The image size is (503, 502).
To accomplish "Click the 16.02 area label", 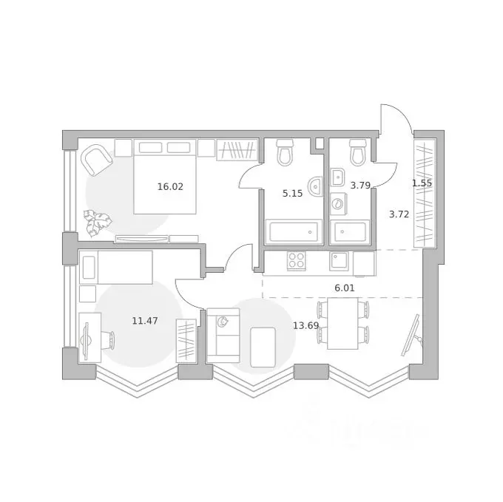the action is pyautogui.click(x=170, y=186).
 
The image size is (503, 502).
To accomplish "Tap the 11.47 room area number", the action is pyautogui.click(x=145, y=321).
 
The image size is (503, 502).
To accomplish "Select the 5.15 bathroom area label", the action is pyautogui.click(x=292, y=193).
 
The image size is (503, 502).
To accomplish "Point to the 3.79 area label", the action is pyautogui.click(x=360, y=186).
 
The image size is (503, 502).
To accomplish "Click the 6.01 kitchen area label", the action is pyautogui.click(x=345, y=288).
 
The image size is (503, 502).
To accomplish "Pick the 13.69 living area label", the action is pyautogui.click(x=305, y=326).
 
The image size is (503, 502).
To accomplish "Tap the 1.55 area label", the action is pyautogui.click(x=422, y=183).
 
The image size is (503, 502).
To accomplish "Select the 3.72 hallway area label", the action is pyautogui.click(x=399, y=214).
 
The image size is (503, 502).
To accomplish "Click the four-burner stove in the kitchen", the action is pyautogui.click(x=297, y=261).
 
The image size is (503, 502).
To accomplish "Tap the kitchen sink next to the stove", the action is pyautogui.click(x=339, y=261).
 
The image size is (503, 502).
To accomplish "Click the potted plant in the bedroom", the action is pyautogui.click(x=98, y=223).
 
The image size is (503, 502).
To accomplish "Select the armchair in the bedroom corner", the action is pyautogui.click(x=97, y=160).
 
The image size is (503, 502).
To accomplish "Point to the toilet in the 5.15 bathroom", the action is pyautogui.click(x=285, y=152).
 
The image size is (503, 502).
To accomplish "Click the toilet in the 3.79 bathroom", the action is pyautogui.click(x=357, y=152).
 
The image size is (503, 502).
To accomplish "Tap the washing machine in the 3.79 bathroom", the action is pyautogui.click(x=338, y=203).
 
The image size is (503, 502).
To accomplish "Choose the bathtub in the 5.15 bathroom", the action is pyautogui.click(x=294, y=231).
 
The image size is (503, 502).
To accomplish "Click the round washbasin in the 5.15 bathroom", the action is pyautogui.click(x=315, y=186).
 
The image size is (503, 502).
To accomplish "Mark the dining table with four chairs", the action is pyautogui.click(x=342, y=323).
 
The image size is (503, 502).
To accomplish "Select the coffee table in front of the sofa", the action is pyautogui.click(x=263, y=347).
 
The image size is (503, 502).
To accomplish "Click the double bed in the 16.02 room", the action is pyautogui.click(x=165, y=177).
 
